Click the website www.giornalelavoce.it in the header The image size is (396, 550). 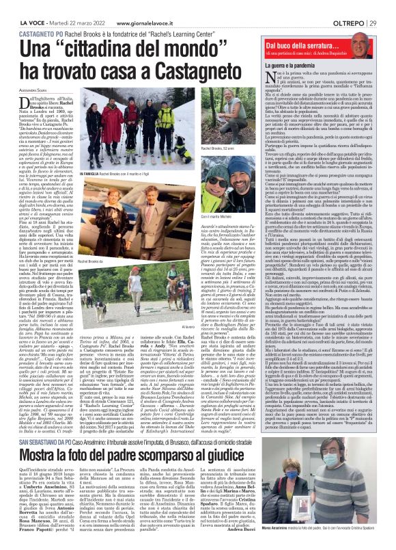pyautogui.click(x=141, y=6)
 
